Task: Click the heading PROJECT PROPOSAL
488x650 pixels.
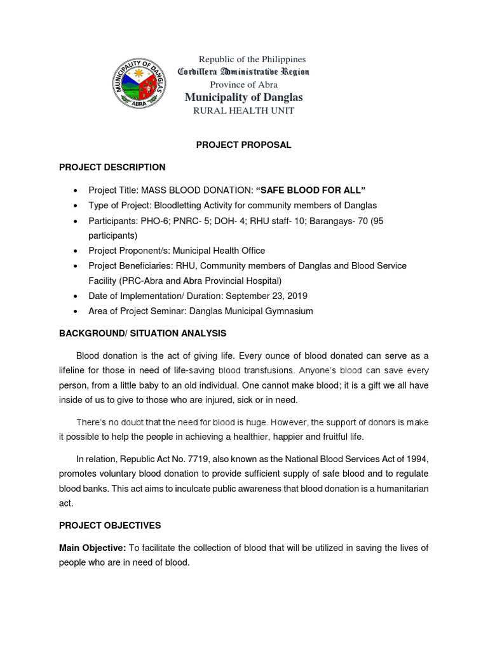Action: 243,145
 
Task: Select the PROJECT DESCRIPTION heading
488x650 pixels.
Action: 112,167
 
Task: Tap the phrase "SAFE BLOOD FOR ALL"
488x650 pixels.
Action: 311,190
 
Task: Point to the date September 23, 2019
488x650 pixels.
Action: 269,296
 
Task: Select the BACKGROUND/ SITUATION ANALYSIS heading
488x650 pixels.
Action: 142,333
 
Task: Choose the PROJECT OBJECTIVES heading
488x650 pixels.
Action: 110,526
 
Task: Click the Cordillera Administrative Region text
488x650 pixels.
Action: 243,72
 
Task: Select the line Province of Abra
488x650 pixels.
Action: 243,84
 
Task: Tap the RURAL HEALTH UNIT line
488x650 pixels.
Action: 243,110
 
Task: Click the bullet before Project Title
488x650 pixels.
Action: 76,190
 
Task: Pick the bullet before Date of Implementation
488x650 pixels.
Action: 76,296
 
